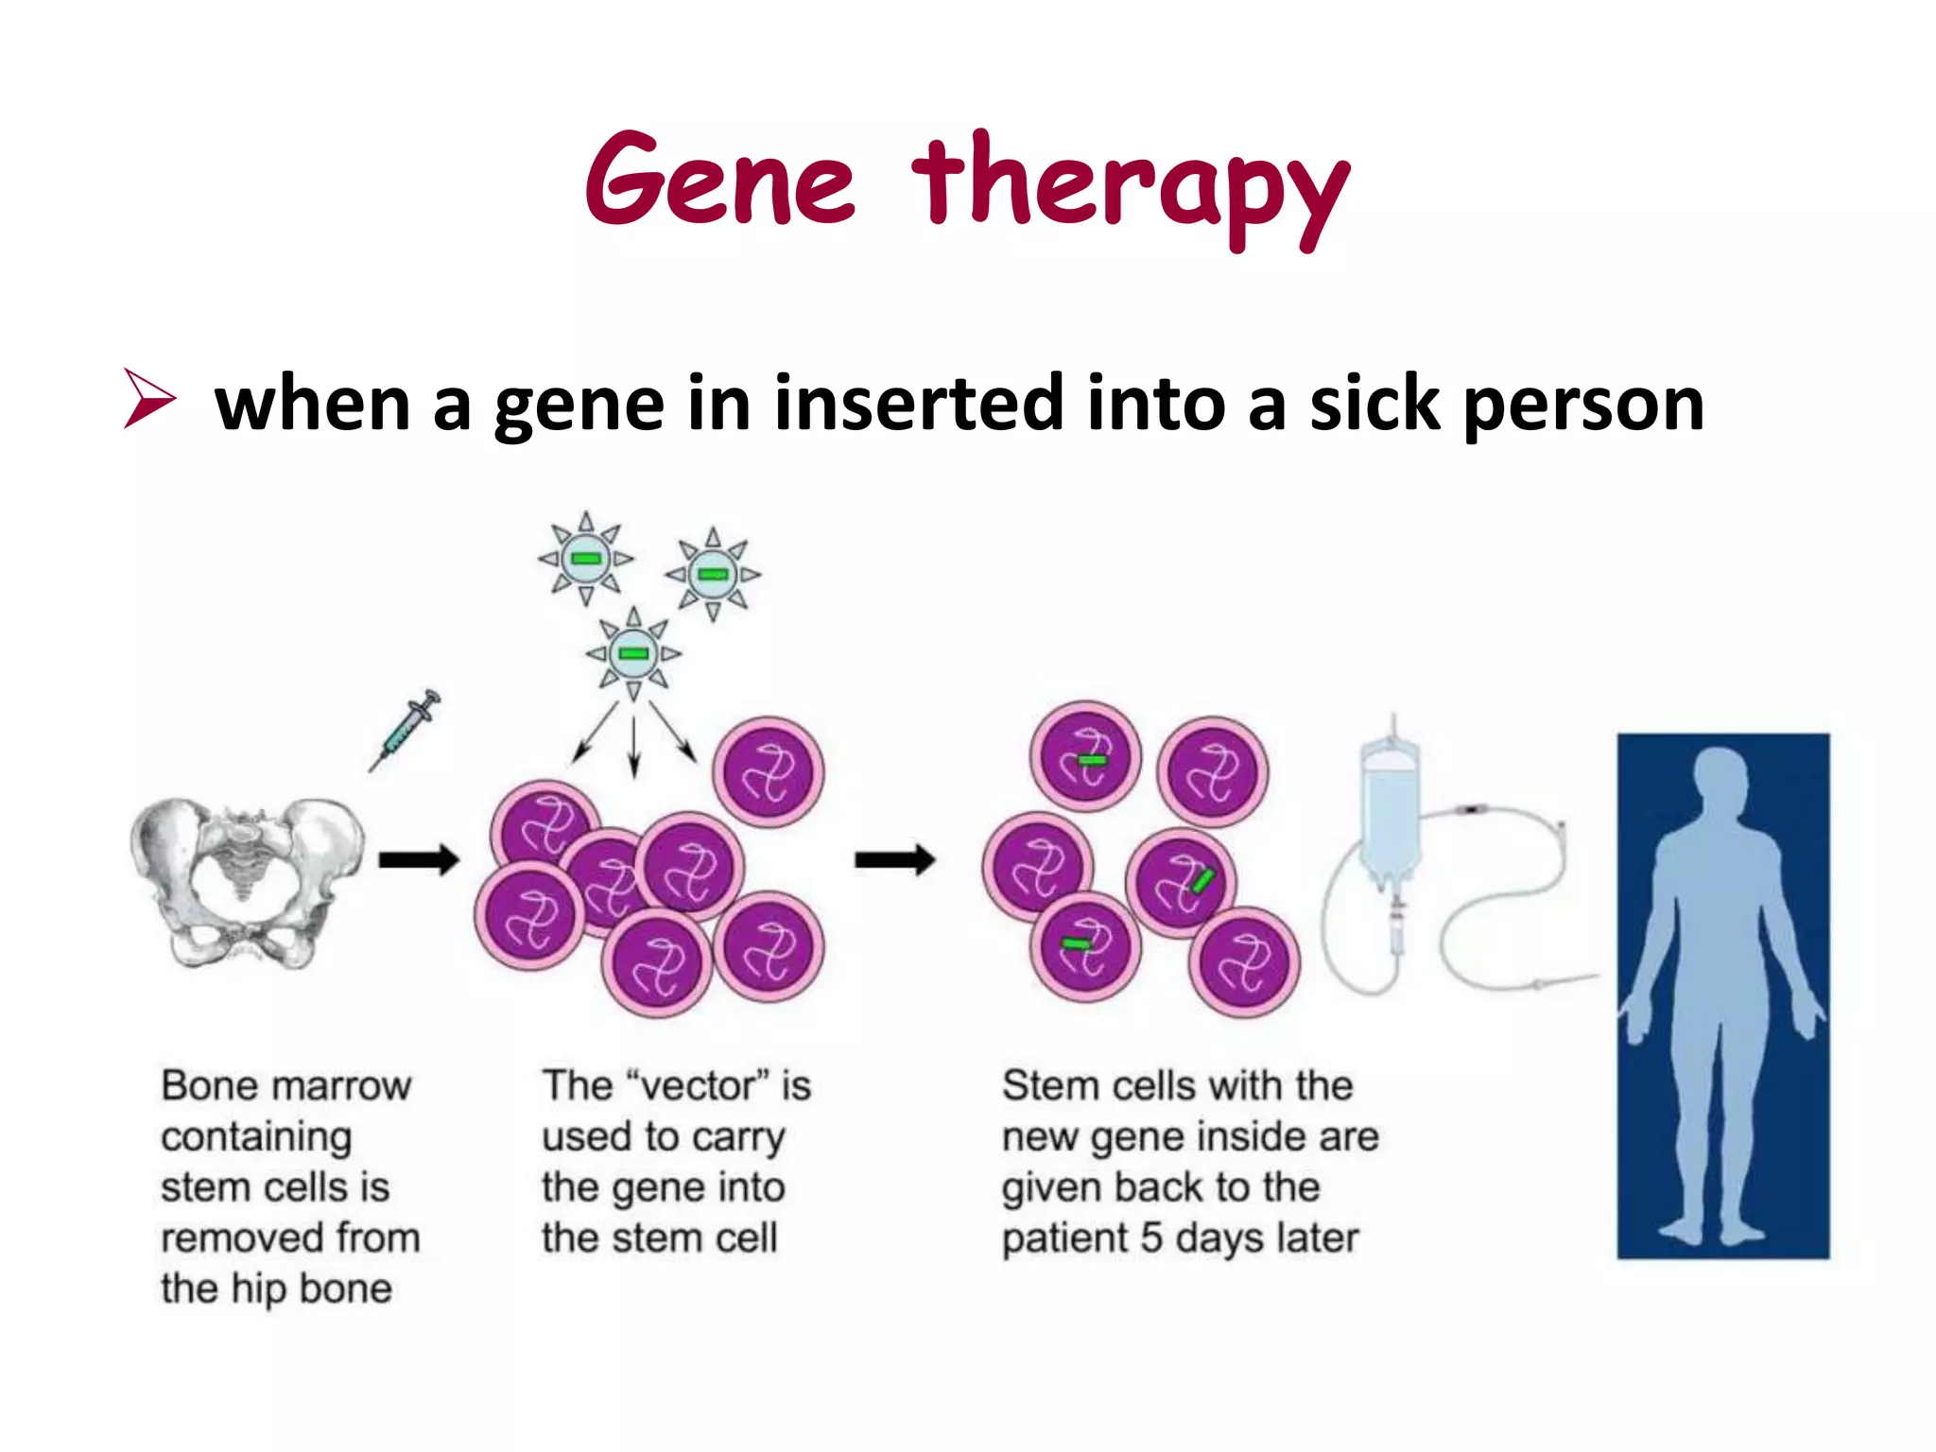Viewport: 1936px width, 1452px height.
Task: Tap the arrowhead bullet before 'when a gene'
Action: (x=149, y=400)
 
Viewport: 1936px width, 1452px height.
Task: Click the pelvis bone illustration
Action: (x=248, y=879)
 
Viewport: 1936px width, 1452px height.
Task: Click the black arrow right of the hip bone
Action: (x=418, y=860)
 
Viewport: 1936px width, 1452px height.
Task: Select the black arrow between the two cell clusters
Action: (x=894, y=860)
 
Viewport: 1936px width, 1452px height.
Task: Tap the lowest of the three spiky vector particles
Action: (x=633, y=653)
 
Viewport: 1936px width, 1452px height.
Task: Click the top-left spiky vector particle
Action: (x=586, y=558)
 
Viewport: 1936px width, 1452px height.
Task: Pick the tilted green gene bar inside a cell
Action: (x=1201, y=882)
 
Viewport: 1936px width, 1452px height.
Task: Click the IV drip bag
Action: (x=1390, y=813)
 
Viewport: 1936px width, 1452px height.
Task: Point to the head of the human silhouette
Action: (x=1720, y=780)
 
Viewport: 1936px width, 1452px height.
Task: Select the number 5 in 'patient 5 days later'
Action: (x=1150, y=1237)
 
